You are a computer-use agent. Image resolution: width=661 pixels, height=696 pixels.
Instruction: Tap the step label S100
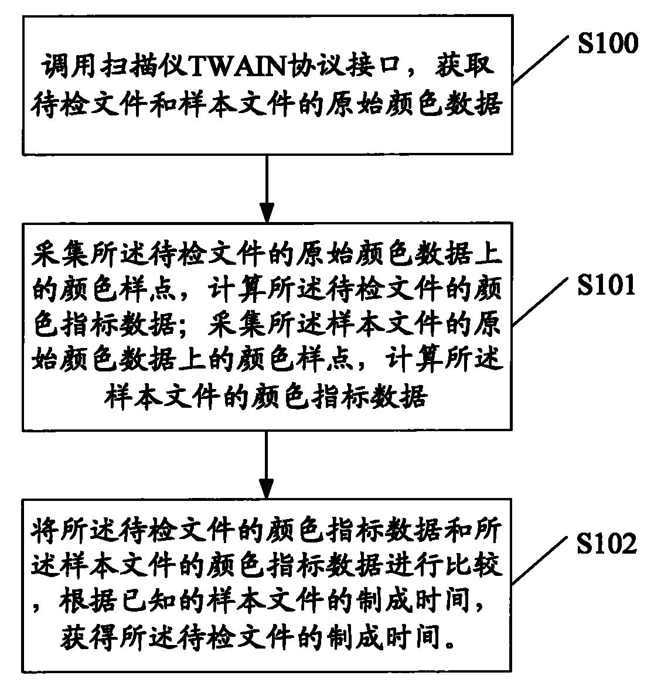point(608,43)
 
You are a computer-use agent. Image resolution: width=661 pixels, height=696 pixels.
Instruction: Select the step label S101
point(606,285)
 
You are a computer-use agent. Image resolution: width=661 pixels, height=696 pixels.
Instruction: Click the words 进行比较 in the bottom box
point(444,567)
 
